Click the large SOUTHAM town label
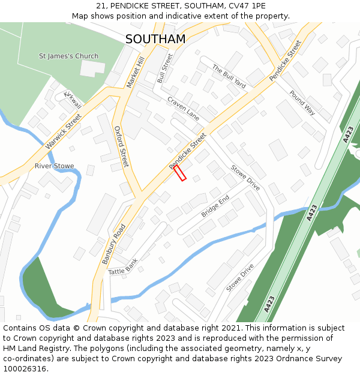click(155, 39)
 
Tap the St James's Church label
click(68, 56)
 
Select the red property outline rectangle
click(180, 173)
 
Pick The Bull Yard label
click(229, 76)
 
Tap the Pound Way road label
click(302, 103)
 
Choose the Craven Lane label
click(183, 108)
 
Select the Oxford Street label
click(121, 146)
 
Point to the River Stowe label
click(54, 166)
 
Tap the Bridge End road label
click(215, 206)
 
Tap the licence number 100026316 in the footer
click(25, 368)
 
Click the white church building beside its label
click(92, 68)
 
